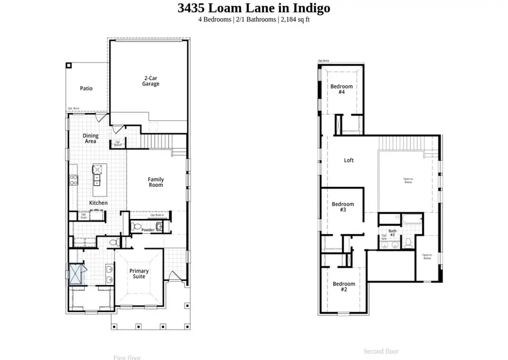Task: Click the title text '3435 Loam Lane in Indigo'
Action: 253,8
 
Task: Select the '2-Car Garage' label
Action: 150,81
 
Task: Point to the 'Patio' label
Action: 86,89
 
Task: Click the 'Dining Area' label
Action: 90,138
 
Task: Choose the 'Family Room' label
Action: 156,182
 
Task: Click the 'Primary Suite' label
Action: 139,274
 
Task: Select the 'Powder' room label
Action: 148,230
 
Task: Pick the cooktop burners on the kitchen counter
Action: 73,181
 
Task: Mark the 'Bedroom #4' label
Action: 341,89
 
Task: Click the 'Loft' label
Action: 349,160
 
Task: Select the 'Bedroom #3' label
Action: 343,207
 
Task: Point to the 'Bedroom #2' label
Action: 344,287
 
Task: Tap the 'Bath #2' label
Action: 392,232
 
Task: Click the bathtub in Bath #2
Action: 407,219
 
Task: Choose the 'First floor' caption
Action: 127,357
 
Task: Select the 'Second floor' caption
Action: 381,351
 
